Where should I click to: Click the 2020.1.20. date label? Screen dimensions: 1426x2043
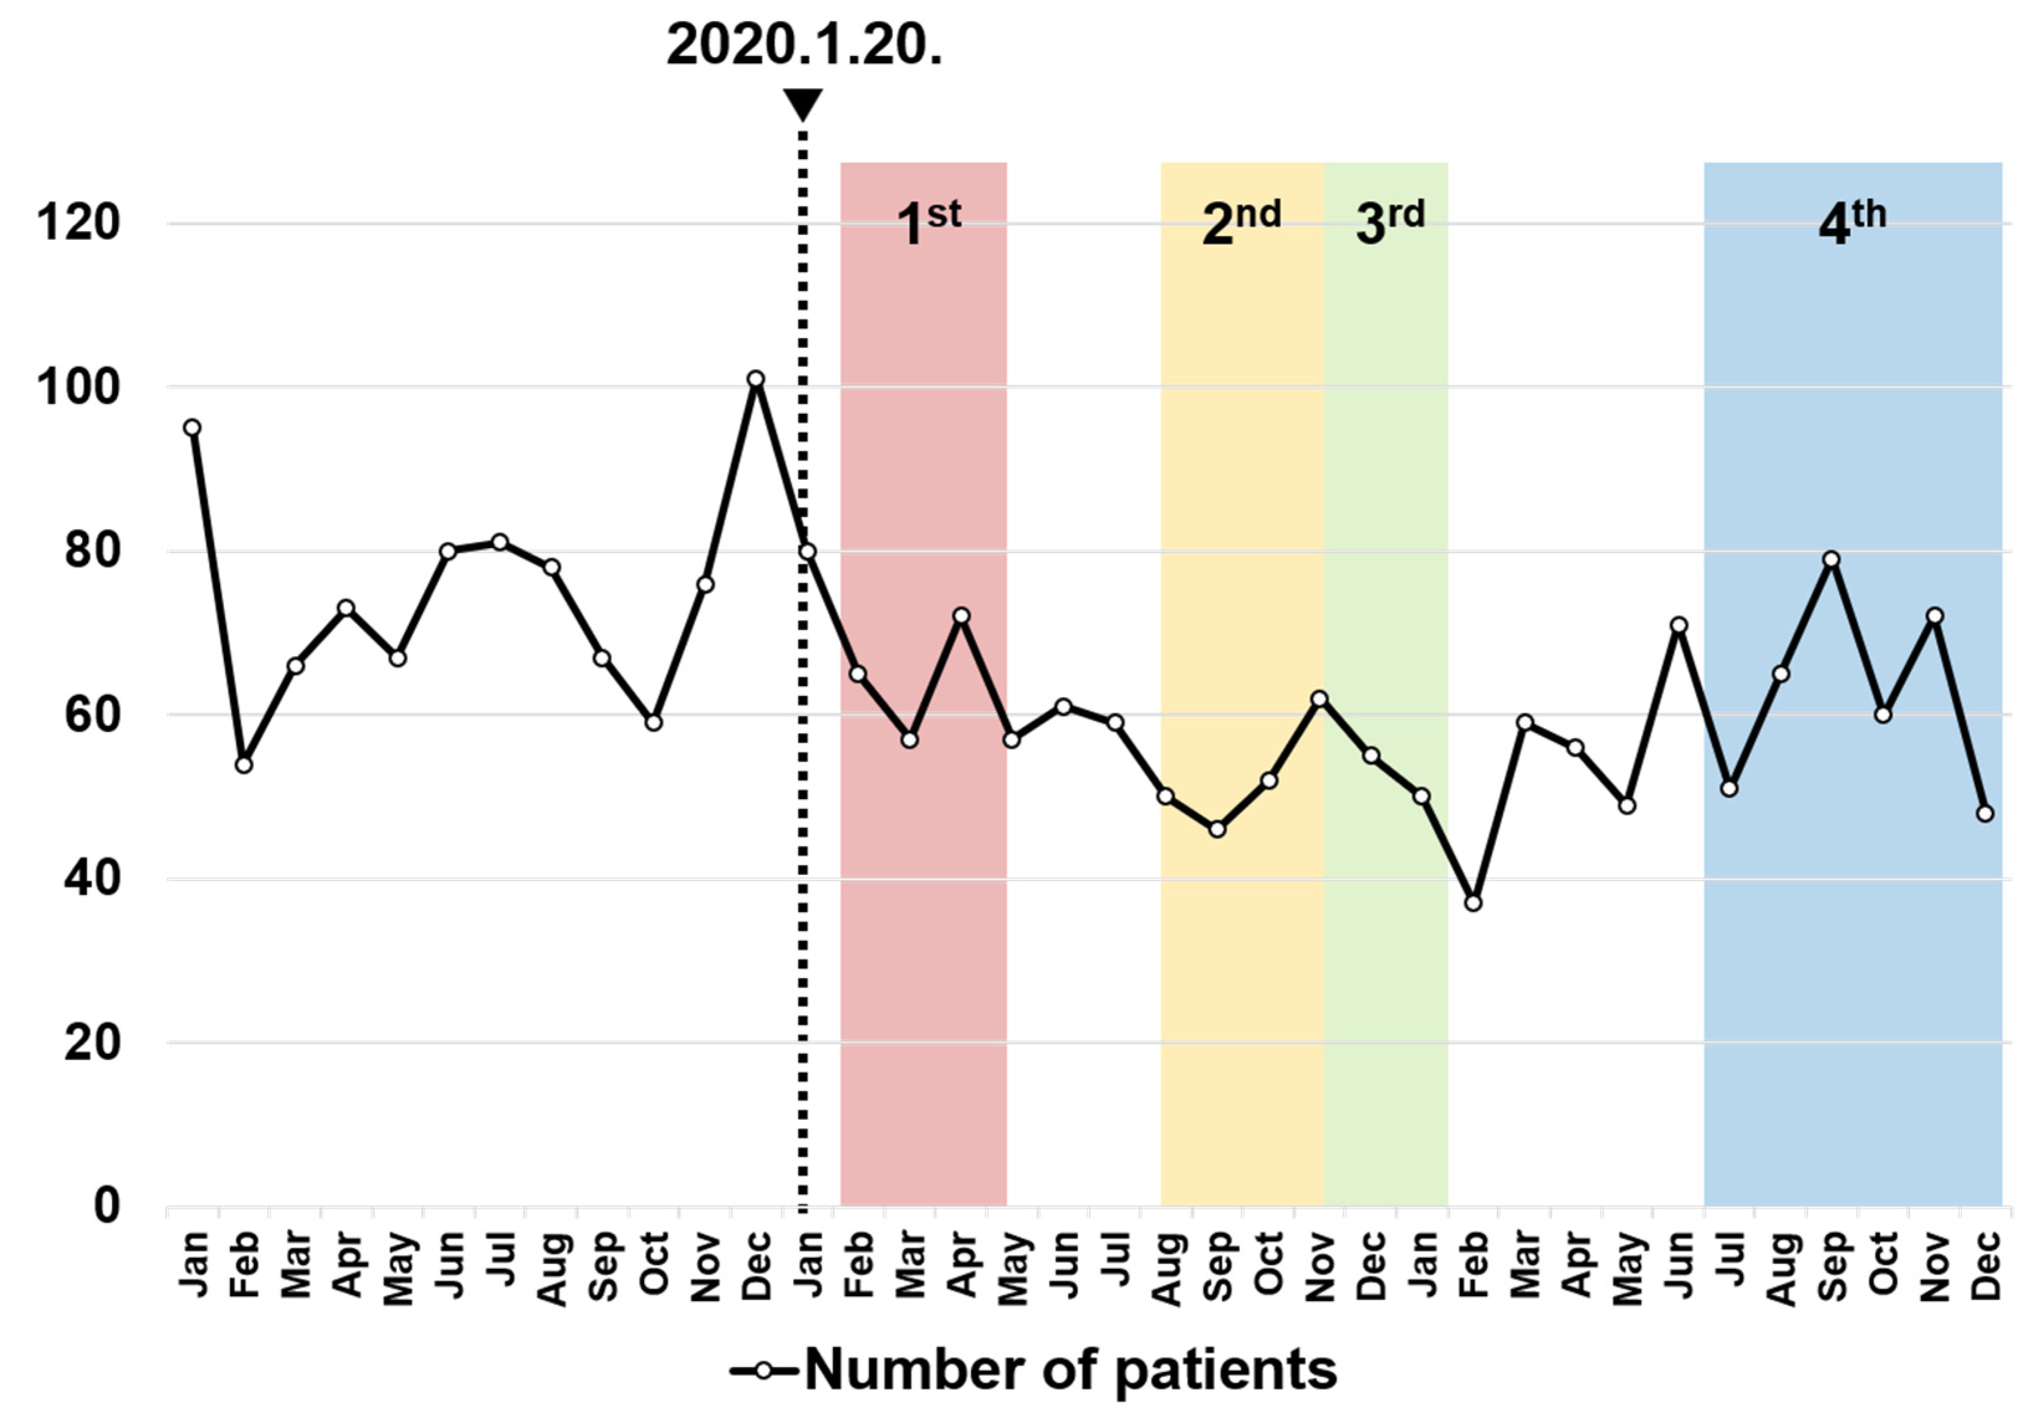pos(804,45)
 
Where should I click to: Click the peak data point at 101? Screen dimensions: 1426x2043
pos(755,379)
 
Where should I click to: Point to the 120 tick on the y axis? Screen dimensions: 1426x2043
pos(78,222)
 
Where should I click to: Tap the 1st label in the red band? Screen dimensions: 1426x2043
pos(927,222)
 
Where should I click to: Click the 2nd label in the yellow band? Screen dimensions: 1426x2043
pos(1241,222)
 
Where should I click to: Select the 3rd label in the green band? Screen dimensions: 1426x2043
pos(1389,222)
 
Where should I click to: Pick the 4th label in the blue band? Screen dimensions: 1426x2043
pos(1852,222)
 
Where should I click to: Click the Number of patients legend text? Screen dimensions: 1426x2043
pos(1070,1370)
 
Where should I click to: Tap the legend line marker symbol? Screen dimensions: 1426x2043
pos(763,1371)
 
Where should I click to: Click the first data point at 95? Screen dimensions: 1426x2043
pos(192,428)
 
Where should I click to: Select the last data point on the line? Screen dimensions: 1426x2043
pos(1985,813)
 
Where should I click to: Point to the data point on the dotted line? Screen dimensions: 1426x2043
pos(807,552)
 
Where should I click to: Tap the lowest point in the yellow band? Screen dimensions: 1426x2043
pos(1217,829)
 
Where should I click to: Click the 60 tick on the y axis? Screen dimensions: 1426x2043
pos(91,715)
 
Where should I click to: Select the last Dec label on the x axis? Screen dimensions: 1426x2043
pos(1986,1265)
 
